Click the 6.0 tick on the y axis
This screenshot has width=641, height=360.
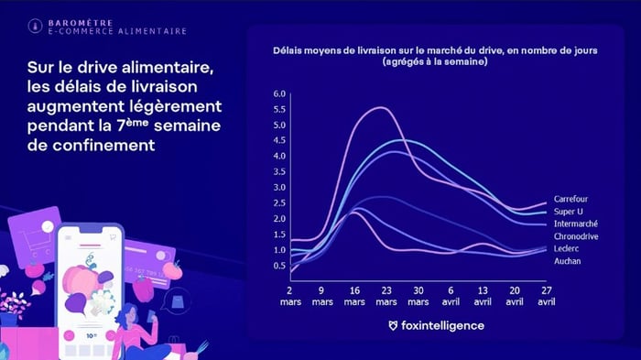pyautogui.click(x=280, y=94)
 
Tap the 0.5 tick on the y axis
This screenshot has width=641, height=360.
pyautogui.click(x=280, y=266)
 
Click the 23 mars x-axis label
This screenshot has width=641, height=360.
pyautogui.click(x=386, y=294)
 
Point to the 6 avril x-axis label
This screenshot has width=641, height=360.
pyautogui.click(x=451, y=294)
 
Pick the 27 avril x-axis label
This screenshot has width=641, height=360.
pyautogui.click(x=546, y=294)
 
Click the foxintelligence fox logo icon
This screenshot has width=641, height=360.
pyautogui.click(x=393, y=325)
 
